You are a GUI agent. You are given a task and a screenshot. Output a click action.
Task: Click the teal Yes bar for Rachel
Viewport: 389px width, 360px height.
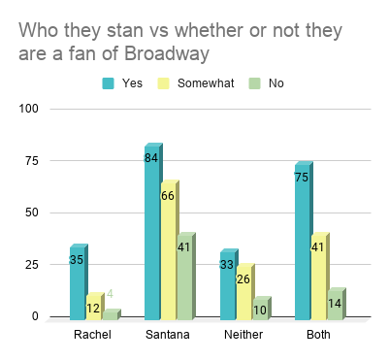[78, 283]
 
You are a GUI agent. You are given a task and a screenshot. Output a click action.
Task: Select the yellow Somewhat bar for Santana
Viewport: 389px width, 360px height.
[169, 252]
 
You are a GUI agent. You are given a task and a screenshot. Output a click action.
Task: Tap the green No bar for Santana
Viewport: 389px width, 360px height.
[184, 278]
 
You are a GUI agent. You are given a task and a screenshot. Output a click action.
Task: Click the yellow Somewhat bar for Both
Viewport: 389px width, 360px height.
[319, 278]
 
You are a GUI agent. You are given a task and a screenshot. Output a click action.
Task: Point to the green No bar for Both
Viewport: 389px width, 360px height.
[336, 304]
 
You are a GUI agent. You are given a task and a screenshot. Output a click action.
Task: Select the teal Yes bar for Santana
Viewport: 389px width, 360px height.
[152, 233]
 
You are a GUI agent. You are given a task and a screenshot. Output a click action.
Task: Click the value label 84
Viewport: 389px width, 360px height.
[151, 158]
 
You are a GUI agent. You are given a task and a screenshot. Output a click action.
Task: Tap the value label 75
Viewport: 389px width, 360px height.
[302, 177]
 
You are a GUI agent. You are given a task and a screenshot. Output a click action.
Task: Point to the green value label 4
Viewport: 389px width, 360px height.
[110, 293]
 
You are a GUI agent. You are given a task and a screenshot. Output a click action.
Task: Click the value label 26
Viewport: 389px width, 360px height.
[243, 279]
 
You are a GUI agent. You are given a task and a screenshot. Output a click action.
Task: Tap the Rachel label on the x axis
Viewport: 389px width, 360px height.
[93, 335]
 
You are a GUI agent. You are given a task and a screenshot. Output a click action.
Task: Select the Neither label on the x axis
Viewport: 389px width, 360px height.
[243, 335]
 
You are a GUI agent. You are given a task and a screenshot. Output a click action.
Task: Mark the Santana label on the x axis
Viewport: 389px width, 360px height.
[168, 335]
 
